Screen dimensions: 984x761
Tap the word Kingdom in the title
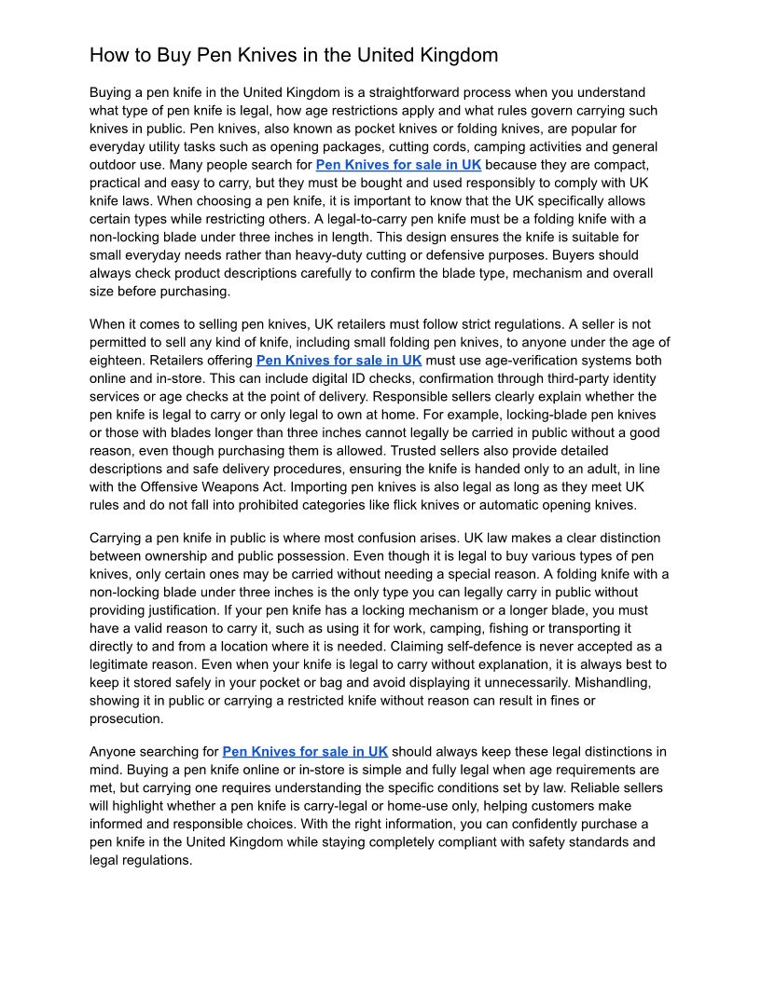(x=454, y=55)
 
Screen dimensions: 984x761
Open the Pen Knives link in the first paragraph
(x=398, y=165)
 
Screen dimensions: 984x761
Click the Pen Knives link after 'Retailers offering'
(x=339, y=360)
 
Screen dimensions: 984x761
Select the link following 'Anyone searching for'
(x=305, y=751)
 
